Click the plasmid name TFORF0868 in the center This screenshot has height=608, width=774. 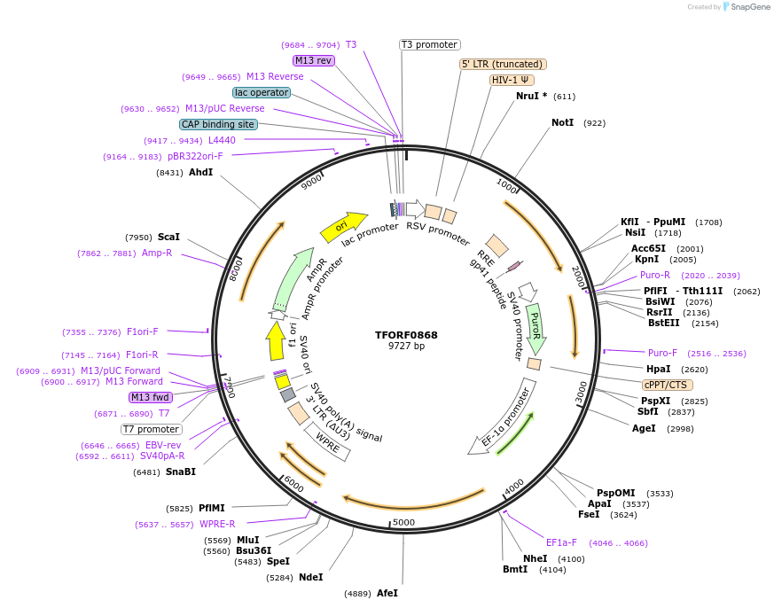(x=406, y=335)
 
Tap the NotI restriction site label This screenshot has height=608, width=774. (x=562, y=123)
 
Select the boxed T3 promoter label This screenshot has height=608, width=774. (x=429, y=44)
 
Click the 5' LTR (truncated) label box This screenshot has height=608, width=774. (x=503, y=64)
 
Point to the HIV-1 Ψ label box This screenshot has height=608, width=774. (x=512, y=80)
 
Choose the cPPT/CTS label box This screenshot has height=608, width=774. (x=668, y=385)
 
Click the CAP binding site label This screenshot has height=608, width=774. (x=218, y=125)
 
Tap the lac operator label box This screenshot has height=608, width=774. (x=262, y=92)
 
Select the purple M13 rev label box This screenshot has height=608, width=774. (x=313, y=60)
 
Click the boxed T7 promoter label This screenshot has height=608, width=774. (x=152, y=430)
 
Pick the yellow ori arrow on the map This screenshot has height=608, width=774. (x=343, y=227)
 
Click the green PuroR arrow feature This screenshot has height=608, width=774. (x=535, y=327)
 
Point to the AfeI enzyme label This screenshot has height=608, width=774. (x=387, y=593)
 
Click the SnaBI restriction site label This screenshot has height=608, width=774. (x=180, y=472)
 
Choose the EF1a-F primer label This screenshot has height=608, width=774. (x=561, y=542)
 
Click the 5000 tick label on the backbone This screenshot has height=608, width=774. (x=403, y=522)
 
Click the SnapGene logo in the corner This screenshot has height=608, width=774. (x=747, y=7)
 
